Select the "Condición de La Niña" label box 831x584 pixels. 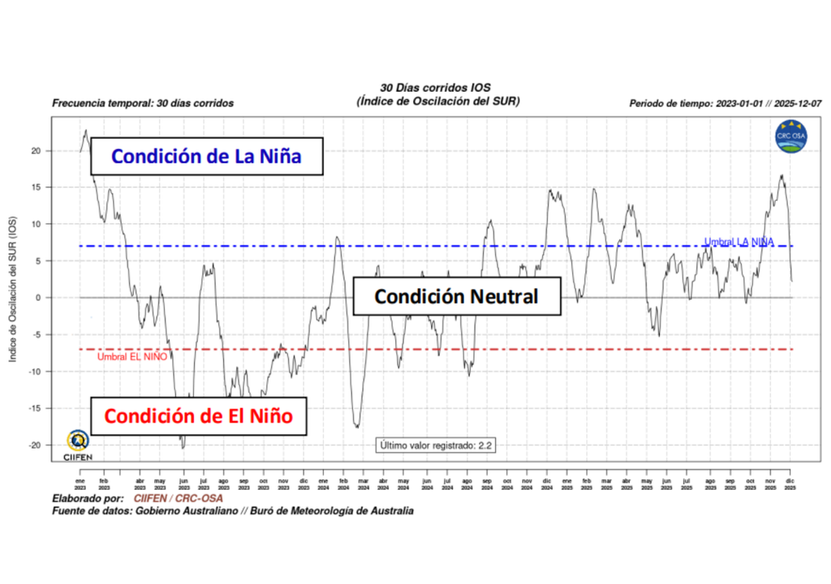(x=206, y=156)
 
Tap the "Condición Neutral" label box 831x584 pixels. (x=456, y=296)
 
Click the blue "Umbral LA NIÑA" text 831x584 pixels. (x=738, y=242)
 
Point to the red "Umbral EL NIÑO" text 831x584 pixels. (x=132, y=357)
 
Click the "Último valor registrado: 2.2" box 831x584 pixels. (x=436, y=445)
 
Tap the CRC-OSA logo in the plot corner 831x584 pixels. (x=790, y=135)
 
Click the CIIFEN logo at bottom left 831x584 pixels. (x=78, y=444)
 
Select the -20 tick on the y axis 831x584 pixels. (x=35, y=445)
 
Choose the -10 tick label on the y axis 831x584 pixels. (x=35, y=371)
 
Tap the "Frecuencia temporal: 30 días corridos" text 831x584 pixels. (x=143, y=104)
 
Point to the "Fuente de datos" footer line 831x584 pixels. (x=232, y=511)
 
